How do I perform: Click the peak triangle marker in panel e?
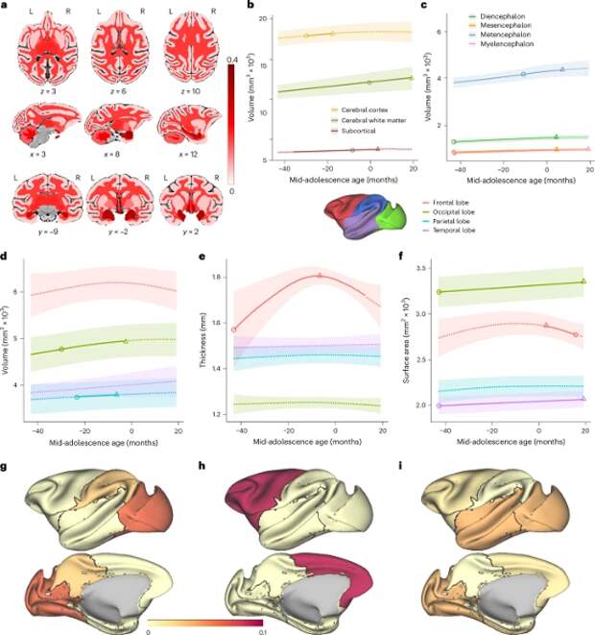pyautogui.click(x=320, y=276)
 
